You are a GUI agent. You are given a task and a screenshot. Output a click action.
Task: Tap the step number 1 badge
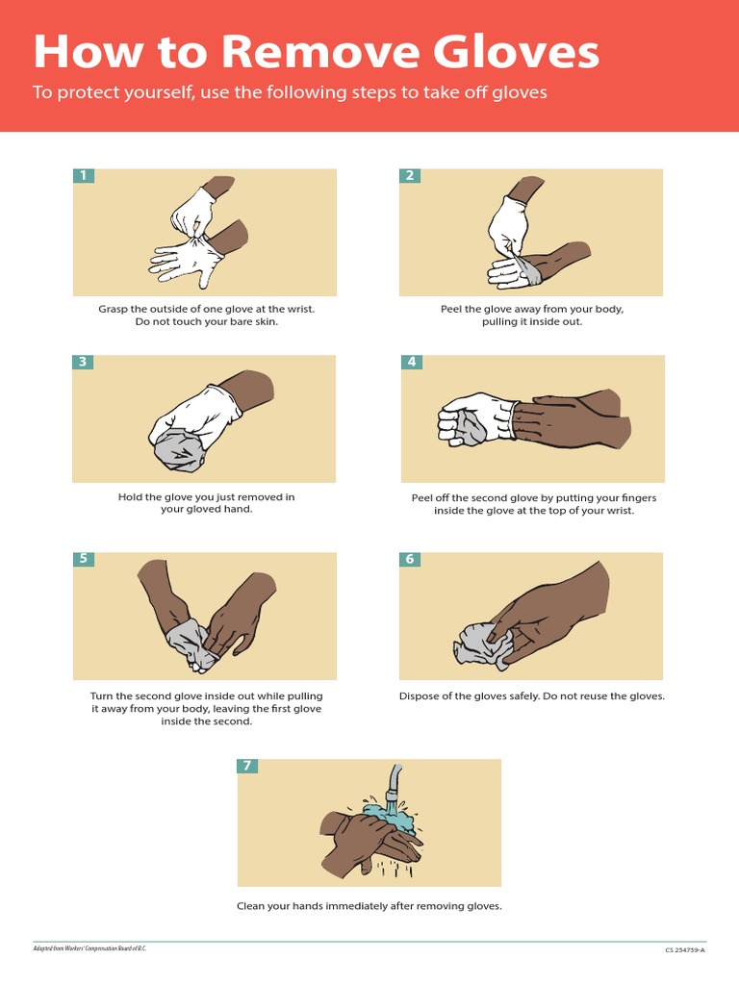(x=84, y=175)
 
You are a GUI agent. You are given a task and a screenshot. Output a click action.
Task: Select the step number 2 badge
(x=410, y=175)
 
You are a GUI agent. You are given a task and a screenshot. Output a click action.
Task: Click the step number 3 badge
(x=84, y=362)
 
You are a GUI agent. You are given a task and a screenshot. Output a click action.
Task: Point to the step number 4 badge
(x=412, y=362)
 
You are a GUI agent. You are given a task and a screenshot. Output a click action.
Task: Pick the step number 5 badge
(x=84, y=558)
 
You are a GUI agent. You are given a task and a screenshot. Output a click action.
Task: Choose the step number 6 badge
(x=410, y=559)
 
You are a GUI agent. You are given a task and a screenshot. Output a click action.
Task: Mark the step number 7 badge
(x=247, y=766)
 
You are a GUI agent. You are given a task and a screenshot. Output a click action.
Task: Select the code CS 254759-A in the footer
(x=684, y=950)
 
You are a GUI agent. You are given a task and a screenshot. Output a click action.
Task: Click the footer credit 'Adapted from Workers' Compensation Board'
(x=89, y=948)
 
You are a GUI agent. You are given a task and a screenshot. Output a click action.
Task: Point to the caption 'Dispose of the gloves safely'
(x=531, y=695)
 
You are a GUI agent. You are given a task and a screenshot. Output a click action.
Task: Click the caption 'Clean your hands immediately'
(x=369, y=905)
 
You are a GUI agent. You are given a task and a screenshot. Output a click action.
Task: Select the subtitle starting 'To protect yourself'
(x=290, y=92)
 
